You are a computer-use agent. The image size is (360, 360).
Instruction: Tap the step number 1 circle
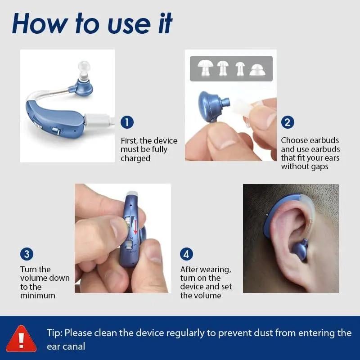(127, 122)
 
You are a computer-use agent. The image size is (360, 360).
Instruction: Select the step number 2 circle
(288, 122)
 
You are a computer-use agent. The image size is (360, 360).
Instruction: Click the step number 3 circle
(27, 254)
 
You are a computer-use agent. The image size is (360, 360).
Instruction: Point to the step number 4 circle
(186, 254)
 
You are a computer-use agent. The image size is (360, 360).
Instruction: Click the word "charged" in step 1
(135, 158)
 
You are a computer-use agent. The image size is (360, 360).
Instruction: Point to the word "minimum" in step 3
(38, 296)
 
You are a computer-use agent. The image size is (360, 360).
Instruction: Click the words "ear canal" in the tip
(66, 347)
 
